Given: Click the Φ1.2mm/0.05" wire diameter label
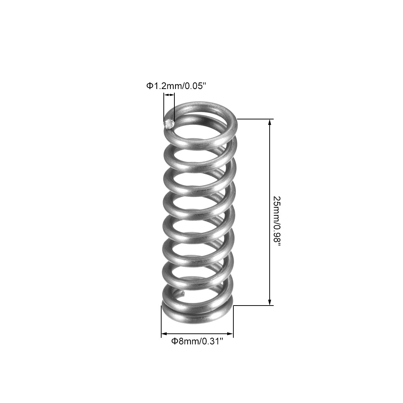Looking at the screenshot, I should coord(177,86).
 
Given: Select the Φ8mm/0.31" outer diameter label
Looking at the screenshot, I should coord(197,341).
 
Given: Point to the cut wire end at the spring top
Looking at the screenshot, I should coord(169,125).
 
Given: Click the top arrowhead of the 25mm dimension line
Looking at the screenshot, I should coord(270,122).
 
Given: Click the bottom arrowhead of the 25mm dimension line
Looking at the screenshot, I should coord(270,302).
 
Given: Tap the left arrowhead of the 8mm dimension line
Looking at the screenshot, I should coord(164,334).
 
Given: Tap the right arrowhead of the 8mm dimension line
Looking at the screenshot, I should coord(231,334).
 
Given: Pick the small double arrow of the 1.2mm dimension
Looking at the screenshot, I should coord(169,95).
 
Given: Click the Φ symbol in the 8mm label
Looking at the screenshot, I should coord(175,341).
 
